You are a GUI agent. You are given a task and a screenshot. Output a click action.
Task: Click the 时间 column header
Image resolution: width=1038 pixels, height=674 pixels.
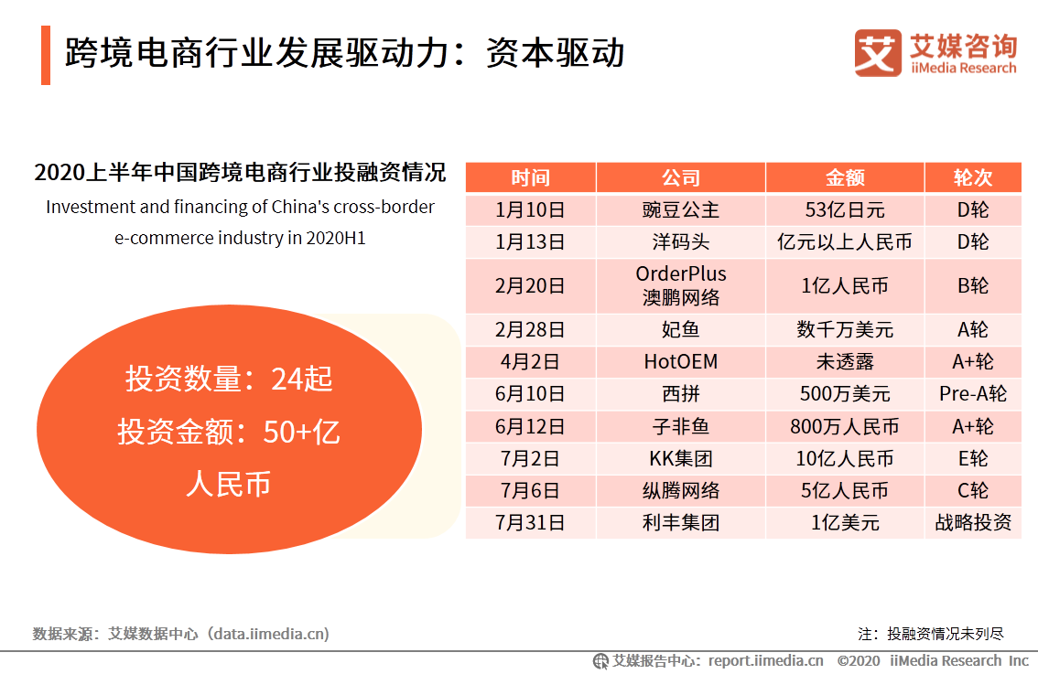point(530,177)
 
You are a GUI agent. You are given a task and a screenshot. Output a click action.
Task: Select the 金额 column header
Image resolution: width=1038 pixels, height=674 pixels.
point(844,177)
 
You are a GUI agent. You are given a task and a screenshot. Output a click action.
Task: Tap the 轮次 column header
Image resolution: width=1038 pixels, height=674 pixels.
point(972,177)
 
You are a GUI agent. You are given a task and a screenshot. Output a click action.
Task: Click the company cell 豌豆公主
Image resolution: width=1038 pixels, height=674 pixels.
point(680,210)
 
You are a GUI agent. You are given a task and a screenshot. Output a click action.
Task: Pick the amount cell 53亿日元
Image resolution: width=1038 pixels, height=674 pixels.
point(844,210)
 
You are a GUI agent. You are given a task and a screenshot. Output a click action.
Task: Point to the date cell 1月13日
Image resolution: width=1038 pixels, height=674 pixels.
point(530,242)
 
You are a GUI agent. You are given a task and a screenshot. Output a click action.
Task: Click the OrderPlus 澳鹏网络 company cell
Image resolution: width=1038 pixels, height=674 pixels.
point(680,285)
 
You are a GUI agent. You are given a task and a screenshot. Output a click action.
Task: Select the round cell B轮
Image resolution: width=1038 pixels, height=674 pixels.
point(972,285)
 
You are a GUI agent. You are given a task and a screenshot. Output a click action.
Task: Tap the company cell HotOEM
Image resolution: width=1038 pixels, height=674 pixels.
point(680,361)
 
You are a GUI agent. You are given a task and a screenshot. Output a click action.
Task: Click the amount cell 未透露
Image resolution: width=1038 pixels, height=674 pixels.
point(844,361)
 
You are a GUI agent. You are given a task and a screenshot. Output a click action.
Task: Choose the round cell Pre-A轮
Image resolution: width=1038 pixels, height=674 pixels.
point(972,394)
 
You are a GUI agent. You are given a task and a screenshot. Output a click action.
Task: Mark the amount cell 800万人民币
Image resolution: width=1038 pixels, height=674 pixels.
point(844,426)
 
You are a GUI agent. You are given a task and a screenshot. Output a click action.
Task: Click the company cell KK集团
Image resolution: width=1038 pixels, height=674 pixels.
point(680,458)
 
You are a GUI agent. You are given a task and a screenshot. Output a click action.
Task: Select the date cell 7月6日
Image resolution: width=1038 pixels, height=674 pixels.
point(530,491)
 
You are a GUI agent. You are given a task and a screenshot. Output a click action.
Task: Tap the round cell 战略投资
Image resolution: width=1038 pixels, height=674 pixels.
point(972,523)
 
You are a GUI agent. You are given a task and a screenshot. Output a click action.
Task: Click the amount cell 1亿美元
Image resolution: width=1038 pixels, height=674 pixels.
point(844,523)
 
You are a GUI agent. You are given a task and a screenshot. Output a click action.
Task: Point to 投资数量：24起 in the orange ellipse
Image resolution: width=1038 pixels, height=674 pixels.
point(229,379)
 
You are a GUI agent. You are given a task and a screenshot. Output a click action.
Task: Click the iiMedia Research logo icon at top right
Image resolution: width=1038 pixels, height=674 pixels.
point(878,53)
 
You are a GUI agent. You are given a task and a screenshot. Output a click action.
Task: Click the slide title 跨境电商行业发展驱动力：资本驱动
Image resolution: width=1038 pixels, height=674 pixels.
point(344,53)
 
